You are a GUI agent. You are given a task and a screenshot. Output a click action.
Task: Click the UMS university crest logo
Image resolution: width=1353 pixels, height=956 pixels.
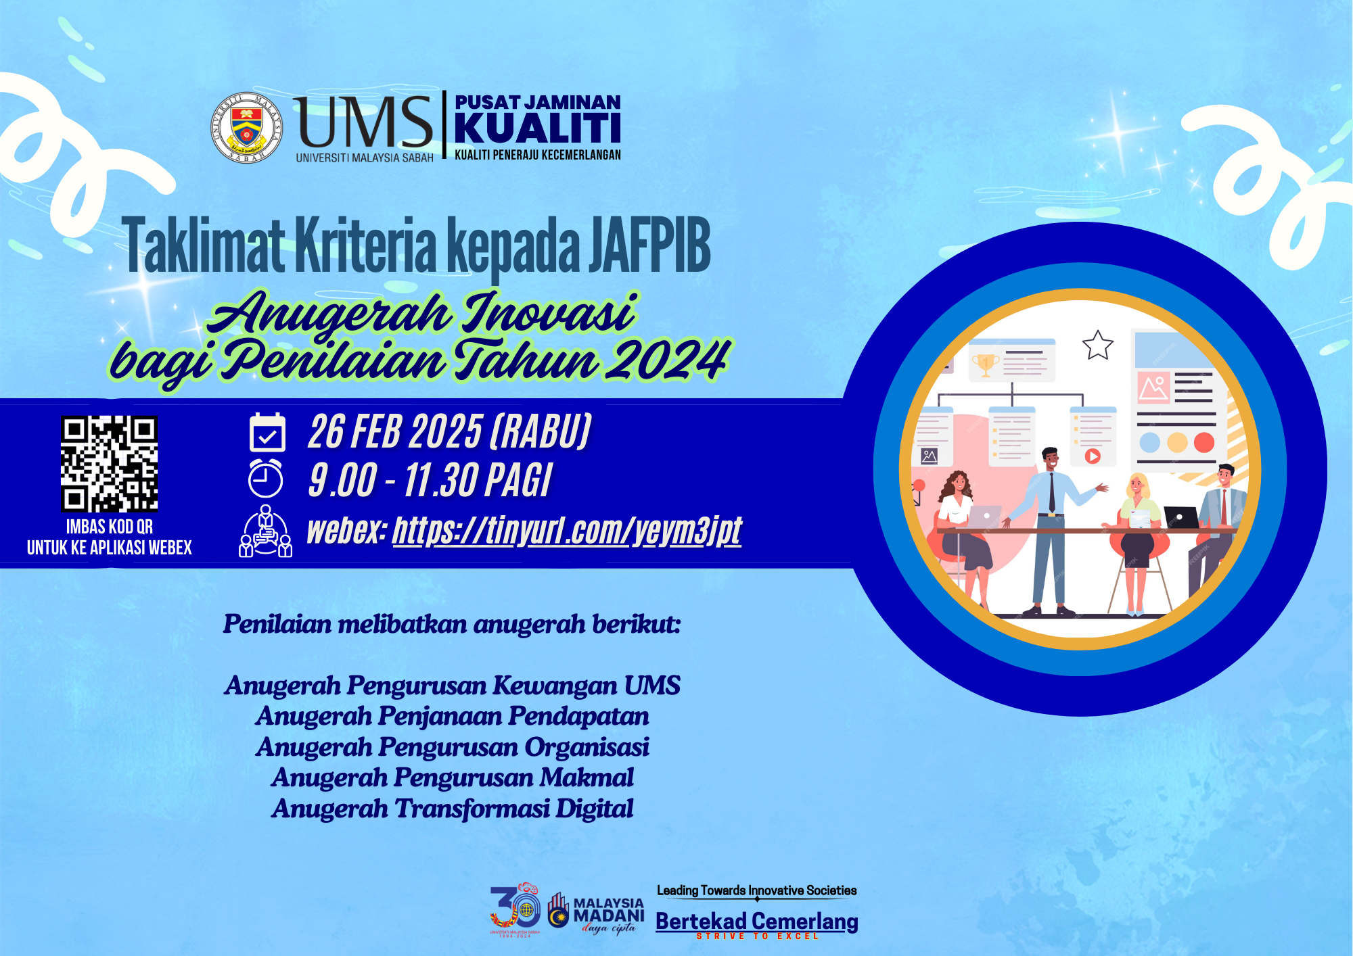coord(246,127)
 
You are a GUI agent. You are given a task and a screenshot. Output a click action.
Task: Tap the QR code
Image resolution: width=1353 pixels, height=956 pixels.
coord(109,464)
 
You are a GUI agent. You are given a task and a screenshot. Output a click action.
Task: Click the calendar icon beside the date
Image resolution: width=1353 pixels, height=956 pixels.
coord(267,432)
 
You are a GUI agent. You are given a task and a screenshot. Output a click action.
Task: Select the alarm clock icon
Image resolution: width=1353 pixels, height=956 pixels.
coord(265,479)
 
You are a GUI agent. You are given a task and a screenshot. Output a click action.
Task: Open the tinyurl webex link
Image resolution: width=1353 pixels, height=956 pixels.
coord(567,530)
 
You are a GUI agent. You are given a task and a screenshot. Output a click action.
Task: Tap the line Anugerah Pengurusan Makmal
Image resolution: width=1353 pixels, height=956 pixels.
coord(453,778)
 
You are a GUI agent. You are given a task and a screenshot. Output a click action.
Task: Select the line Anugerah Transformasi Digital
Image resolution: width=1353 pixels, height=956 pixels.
coord(453,809)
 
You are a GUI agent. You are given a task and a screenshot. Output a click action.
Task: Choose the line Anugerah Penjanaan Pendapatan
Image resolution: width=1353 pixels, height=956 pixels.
coord(453,716)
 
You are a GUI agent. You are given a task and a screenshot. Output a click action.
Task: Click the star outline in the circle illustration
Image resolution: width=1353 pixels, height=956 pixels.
coord(1097,345)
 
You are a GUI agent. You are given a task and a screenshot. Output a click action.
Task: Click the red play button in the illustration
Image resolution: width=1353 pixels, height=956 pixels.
coord(1093,456)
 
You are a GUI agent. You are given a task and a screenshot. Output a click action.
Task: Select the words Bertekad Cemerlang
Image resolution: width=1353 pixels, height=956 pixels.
coord(757,922)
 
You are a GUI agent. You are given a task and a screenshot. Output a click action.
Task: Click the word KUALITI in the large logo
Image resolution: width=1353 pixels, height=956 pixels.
coord(538,128)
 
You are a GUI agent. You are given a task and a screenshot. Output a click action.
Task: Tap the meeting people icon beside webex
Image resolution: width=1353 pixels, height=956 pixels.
coord(266,531)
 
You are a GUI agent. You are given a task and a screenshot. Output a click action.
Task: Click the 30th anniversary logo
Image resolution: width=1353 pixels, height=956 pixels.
coord(515,910)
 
